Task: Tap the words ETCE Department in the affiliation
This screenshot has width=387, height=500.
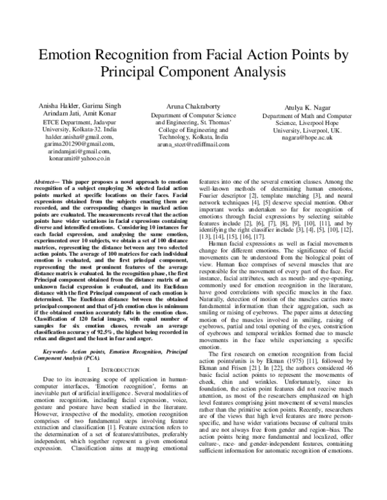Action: [55, 120]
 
